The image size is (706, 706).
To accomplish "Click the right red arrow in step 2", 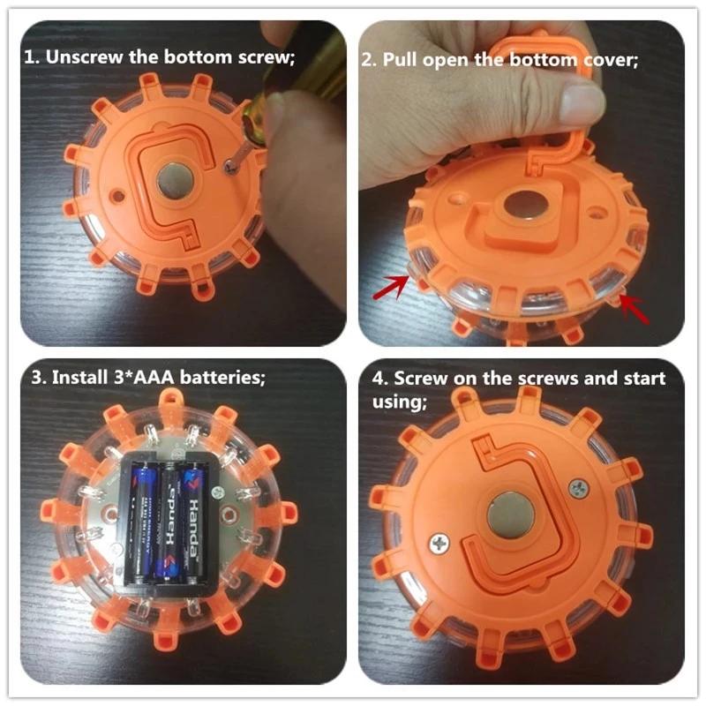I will (633, 310).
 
